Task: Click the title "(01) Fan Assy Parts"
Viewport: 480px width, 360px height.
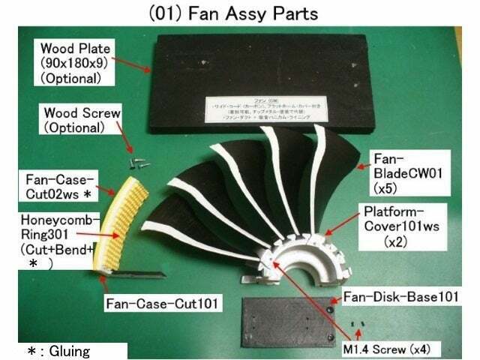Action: click(x=241, y=13)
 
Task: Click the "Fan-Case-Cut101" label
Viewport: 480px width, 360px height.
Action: click(x=162, y=305)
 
